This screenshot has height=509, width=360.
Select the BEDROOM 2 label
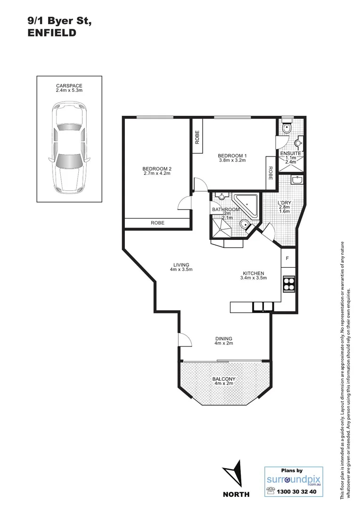pyautogui.click(x=156, y=170)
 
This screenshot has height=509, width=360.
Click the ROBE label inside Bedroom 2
pyautogui.click(x=157, y=223)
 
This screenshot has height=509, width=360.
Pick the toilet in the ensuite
pyautogui.click(x=286, y=128)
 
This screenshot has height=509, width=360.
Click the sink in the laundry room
pyautogui.click(x=297, y=180)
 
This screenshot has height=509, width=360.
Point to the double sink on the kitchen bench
pyautogui.click(x=263, y=307)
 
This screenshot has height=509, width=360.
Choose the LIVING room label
pyautogui.click(x=181, y=267)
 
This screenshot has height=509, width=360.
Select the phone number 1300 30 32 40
pyautogui.click(x=298, y=492)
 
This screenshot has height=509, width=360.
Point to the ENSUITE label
pyautogui.click(x=291, y=154)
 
